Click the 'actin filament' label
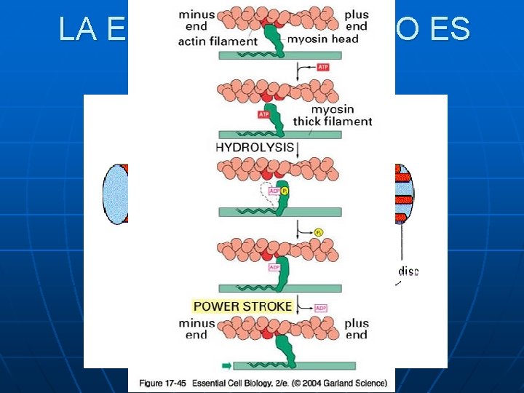tap(218, 41)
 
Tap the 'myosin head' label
tap(322, 39)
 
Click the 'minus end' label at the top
tap(196, 20)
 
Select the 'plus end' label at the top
tap(357, 20)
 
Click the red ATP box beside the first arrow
tap(324, 67)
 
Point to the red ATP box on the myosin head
tap(265, 114)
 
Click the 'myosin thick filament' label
tap(333, 116)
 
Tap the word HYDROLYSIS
tap(255, 147)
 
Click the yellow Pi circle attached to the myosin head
tap(285, 191)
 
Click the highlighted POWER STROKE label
tap(242, 306)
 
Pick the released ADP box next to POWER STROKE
tap(322, 308)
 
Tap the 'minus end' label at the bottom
tap(196, 329)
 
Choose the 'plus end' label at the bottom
tap(357, 329)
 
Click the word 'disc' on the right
tap(408, 271)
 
